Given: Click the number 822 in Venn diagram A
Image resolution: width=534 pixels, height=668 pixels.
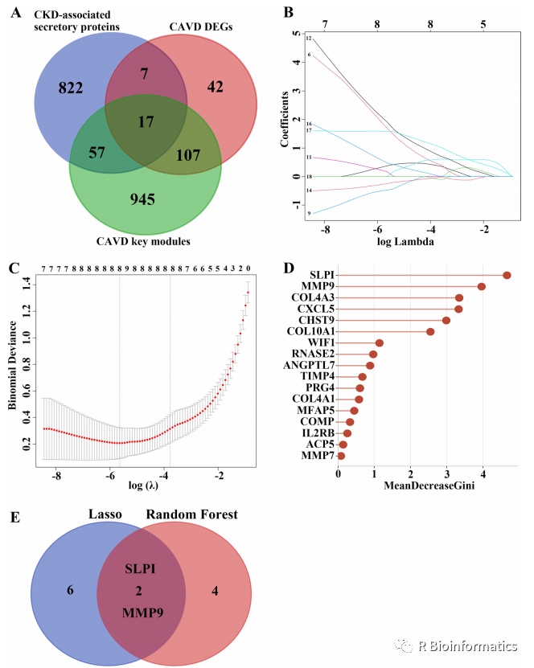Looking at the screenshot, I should point(72,88).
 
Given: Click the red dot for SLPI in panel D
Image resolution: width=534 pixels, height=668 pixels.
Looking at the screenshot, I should point(507,275).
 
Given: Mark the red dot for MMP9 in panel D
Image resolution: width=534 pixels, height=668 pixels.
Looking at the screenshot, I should point(481,286).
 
